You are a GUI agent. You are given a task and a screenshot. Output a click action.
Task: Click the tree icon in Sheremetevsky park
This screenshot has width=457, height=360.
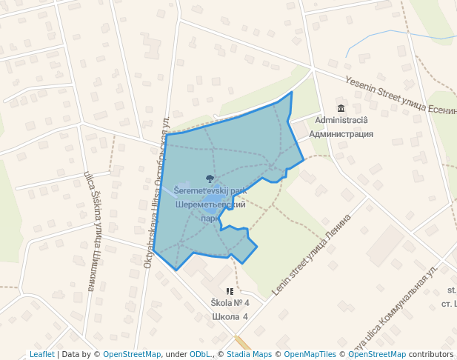[210, 179]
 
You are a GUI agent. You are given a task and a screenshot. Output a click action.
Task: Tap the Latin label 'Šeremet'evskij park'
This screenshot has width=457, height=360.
[210, 190]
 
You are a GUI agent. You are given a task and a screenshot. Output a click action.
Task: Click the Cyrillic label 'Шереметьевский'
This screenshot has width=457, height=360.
[210, 204]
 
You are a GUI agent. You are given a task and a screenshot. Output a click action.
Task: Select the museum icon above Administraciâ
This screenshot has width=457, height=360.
[341, 109]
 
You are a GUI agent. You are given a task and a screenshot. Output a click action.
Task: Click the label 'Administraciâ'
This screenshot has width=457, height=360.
[341, 120]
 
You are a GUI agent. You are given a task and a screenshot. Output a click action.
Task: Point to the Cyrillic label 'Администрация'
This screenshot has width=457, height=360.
[341, 134]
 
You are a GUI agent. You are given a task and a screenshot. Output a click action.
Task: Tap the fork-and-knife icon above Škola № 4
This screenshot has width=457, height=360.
[230, 292]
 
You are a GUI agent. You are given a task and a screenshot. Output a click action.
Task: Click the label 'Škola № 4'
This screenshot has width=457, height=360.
[230, 304]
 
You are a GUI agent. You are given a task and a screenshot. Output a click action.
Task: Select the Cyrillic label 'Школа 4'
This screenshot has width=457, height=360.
[230, 317]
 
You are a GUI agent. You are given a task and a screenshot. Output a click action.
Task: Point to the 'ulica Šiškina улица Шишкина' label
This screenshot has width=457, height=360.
[93, 230]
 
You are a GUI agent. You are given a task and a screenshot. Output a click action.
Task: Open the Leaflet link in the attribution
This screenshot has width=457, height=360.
[41, 354]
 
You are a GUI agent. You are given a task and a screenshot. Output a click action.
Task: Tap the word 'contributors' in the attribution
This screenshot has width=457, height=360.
[431, 354]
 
